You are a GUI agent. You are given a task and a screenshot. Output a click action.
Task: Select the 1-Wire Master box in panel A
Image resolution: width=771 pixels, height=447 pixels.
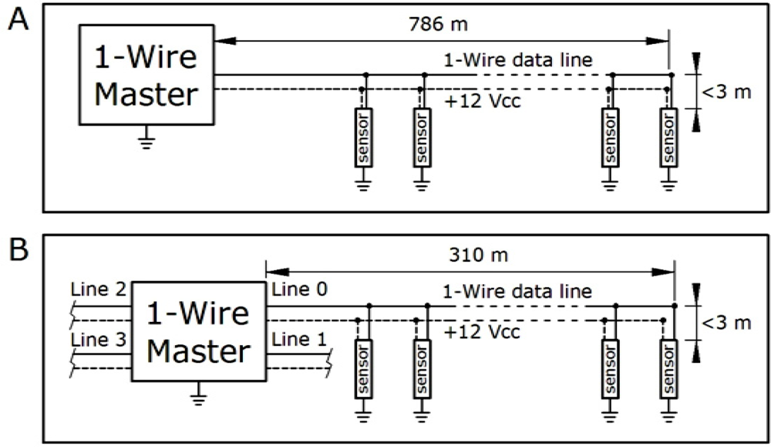(x=146, y=74)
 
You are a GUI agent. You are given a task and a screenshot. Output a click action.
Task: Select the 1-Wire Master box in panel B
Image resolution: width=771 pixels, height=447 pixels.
(x=198, y=331)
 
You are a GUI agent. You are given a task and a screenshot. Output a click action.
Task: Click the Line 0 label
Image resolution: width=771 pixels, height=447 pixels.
(x=299, y=289)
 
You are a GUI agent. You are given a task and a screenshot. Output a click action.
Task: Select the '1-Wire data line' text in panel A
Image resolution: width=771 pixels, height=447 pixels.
(x=516, y=60)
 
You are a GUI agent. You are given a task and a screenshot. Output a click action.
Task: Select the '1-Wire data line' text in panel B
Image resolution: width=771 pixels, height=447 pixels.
(x=516, y=292)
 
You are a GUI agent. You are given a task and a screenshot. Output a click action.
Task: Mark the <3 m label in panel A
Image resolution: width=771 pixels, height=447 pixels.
(x=726, y=92)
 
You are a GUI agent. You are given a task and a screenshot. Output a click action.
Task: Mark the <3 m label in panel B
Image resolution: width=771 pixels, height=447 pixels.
(x=726, y=322)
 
